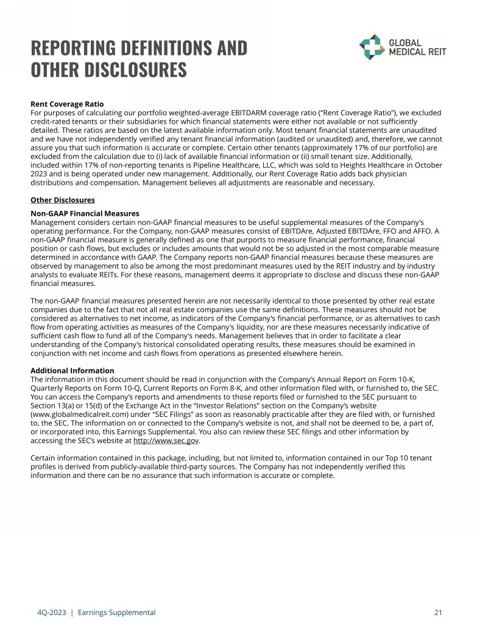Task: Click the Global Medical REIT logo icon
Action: [x=371, y=47]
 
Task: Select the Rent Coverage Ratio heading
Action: [x=71, y=104]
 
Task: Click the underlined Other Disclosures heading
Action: [x=63, y=200]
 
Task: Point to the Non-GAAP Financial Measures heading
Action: [x=85, y=214]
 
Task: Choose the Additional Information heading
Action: [x=72, y=371]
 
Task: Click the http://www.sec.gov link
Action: [x=166, y=441]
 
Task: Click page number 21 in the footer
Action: [x=437, y=612]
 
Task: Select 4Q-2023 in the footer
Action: [x=47, y=612]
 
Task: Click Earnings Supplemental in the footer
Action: [x=116, y=612]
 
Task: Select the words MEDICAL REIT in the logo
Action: [x=417, y=52]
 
